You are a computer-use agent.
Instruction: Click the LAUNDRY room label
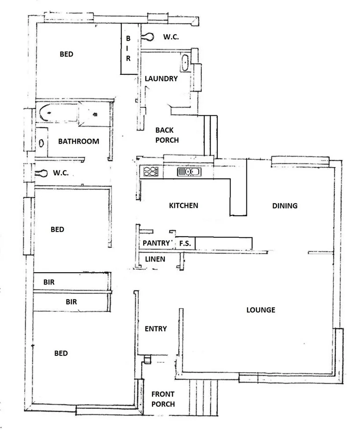click(161, 79)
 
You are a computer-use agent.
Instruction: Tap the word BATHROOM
click(78, 141)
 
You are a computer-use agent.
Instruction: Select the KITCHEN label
click(183, 205)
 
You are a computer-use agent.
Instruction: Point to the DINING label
click(285, 205)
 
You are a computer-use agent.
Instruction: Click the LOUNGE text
click(260, 310)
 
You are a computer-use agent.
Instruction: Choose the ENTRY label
click(156, 329)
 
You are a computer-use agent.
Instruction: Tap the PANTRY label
click(156, 243)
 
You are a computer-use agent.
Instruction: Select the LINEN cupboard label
click(155, 259)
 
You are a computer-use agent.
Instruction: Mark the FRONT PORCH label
click(163, 399)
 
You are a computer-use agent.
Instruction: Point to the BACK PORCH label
click(167, 135)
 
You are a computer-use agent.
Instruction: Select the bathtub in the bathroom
click(57, 113)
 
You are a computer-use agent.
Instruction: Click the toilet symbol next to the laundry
click(148, 37)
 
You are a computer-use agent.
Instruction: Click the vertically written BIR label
click(128, 49)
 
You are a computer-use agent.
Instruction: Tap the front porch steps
click(204, 398)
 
